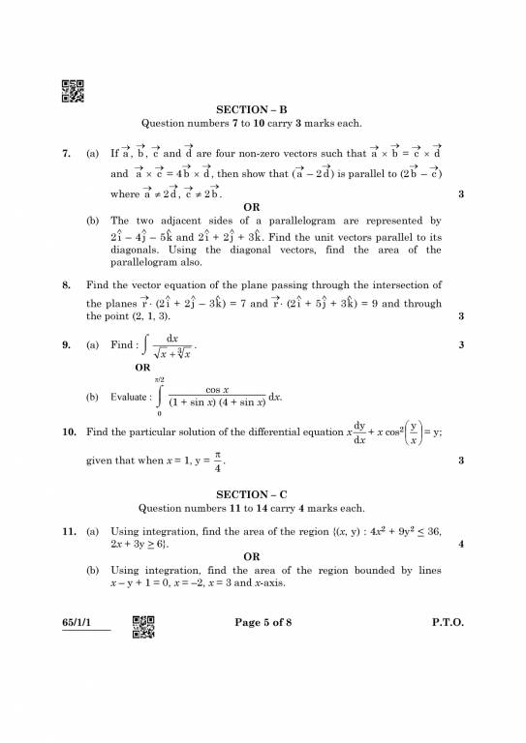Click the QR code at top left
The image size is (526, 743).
pyautogui.click(x=73, y=91)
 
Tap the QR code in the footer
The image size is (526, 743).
pyautogui.click(x=143, y=628)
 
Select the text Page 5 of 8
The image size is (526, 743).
pyautogui.click(x=263, y=622)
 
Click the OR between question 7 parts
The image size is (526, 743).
pyautogui.click(x=251, y=207)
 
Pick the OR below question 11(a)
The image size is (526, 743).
pyautogui.click(x=251, y=556)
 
